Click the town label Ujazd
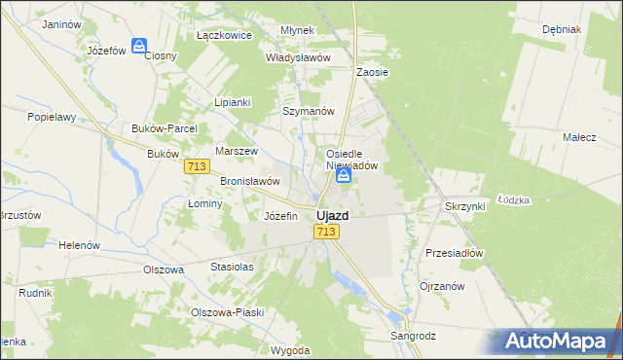pyautogui.click(x=333, y=215)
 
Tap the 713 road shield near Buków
pyautogui.click(x=196, y=167)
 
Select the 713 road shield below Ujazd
pyautogui.click(x=326, y=232)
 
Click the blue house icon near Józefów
pyautogui.click(x=140, y=45)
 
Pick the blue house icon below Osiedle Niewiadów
pyautogui.click(x=357, y=176)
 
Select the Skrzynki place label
pyautogui.click(x=464, y=206)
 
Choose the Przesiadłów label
pyautogui.click(x=454, y=252)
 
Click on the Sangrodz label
pyautogui.click(x=413, y=336)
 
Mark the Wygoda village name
pyautogui.click(x=290, y=349)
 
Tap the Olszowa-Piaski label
pyautogui.click(x=227, y=312)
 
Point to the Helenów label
pyautogui.click(x=79, y=245)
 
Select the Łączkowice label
pyautogui.click(x=224, y=35)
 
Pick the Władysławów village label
pyautogui.click(x=299, y=57)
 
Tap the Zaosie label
pyautogui.click(x=373, y=72)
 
